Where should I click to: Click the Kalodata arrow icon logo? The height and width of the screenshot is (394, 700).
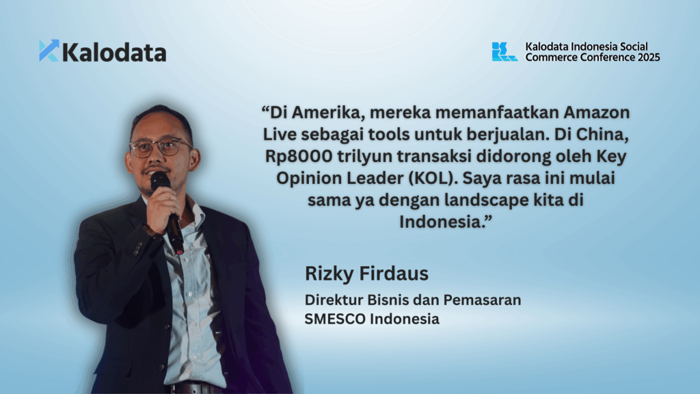(x=49, y=51)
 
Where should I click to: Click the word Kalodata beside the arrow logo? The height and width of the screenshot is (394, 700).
(x=114, y=52)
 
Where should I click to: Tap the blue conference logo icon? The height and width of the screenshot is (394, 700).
(x=504, y=51)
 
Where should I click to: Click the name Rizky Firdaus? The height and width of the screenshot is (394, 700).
(x=366, y=274)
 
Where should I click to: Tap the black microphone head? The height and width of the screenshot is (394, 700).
(x=160, y=181)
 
